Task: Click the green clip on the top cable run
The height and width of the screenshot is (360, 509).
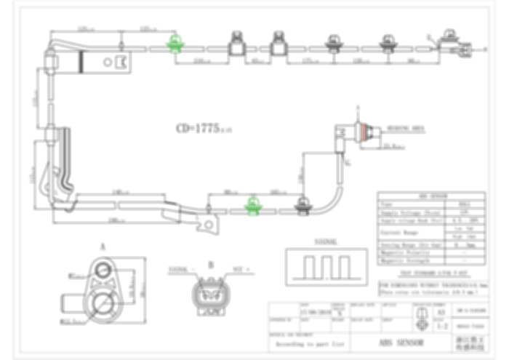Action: pyautogui.click(x=174, y=45)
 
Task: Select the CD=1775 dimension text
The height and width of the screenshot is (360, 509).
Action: pyautogui.click(x=203, y=129)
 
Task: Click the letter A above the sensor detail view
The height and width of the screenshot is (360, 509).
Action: pyautogui.click(x=103, y=246)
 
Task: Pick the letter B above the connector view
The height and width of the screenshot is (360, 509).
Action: pyautogui.click(x=211, y=265)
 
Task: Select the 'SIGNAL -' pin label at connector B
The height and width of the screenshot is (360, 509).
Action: pyautogui.click(x=181, y=269)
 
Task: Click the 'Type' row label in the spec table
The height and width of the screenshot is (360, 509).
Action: pyautogui.click(x=387, y=205)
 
